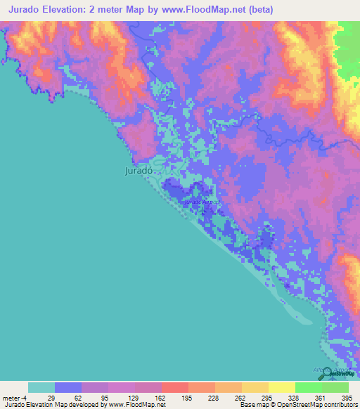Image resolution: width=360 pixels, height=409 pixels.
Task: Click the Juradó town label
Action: tap(138, 170)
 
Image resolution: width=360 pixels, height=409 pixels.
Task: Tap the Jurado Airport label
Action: tap(202, 202)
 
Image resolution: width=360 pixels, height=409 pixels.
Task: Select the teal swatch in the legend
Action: tap(41, 387)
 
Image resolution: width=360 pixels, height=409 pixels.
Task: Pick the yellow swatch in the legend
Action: tap(281, 387)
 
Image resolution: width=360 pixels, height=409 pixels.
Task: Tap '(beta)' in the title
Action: tap(258, 10)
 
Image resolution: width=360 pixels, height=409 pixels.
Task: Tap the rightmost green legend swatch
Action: tap(335, 387)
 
